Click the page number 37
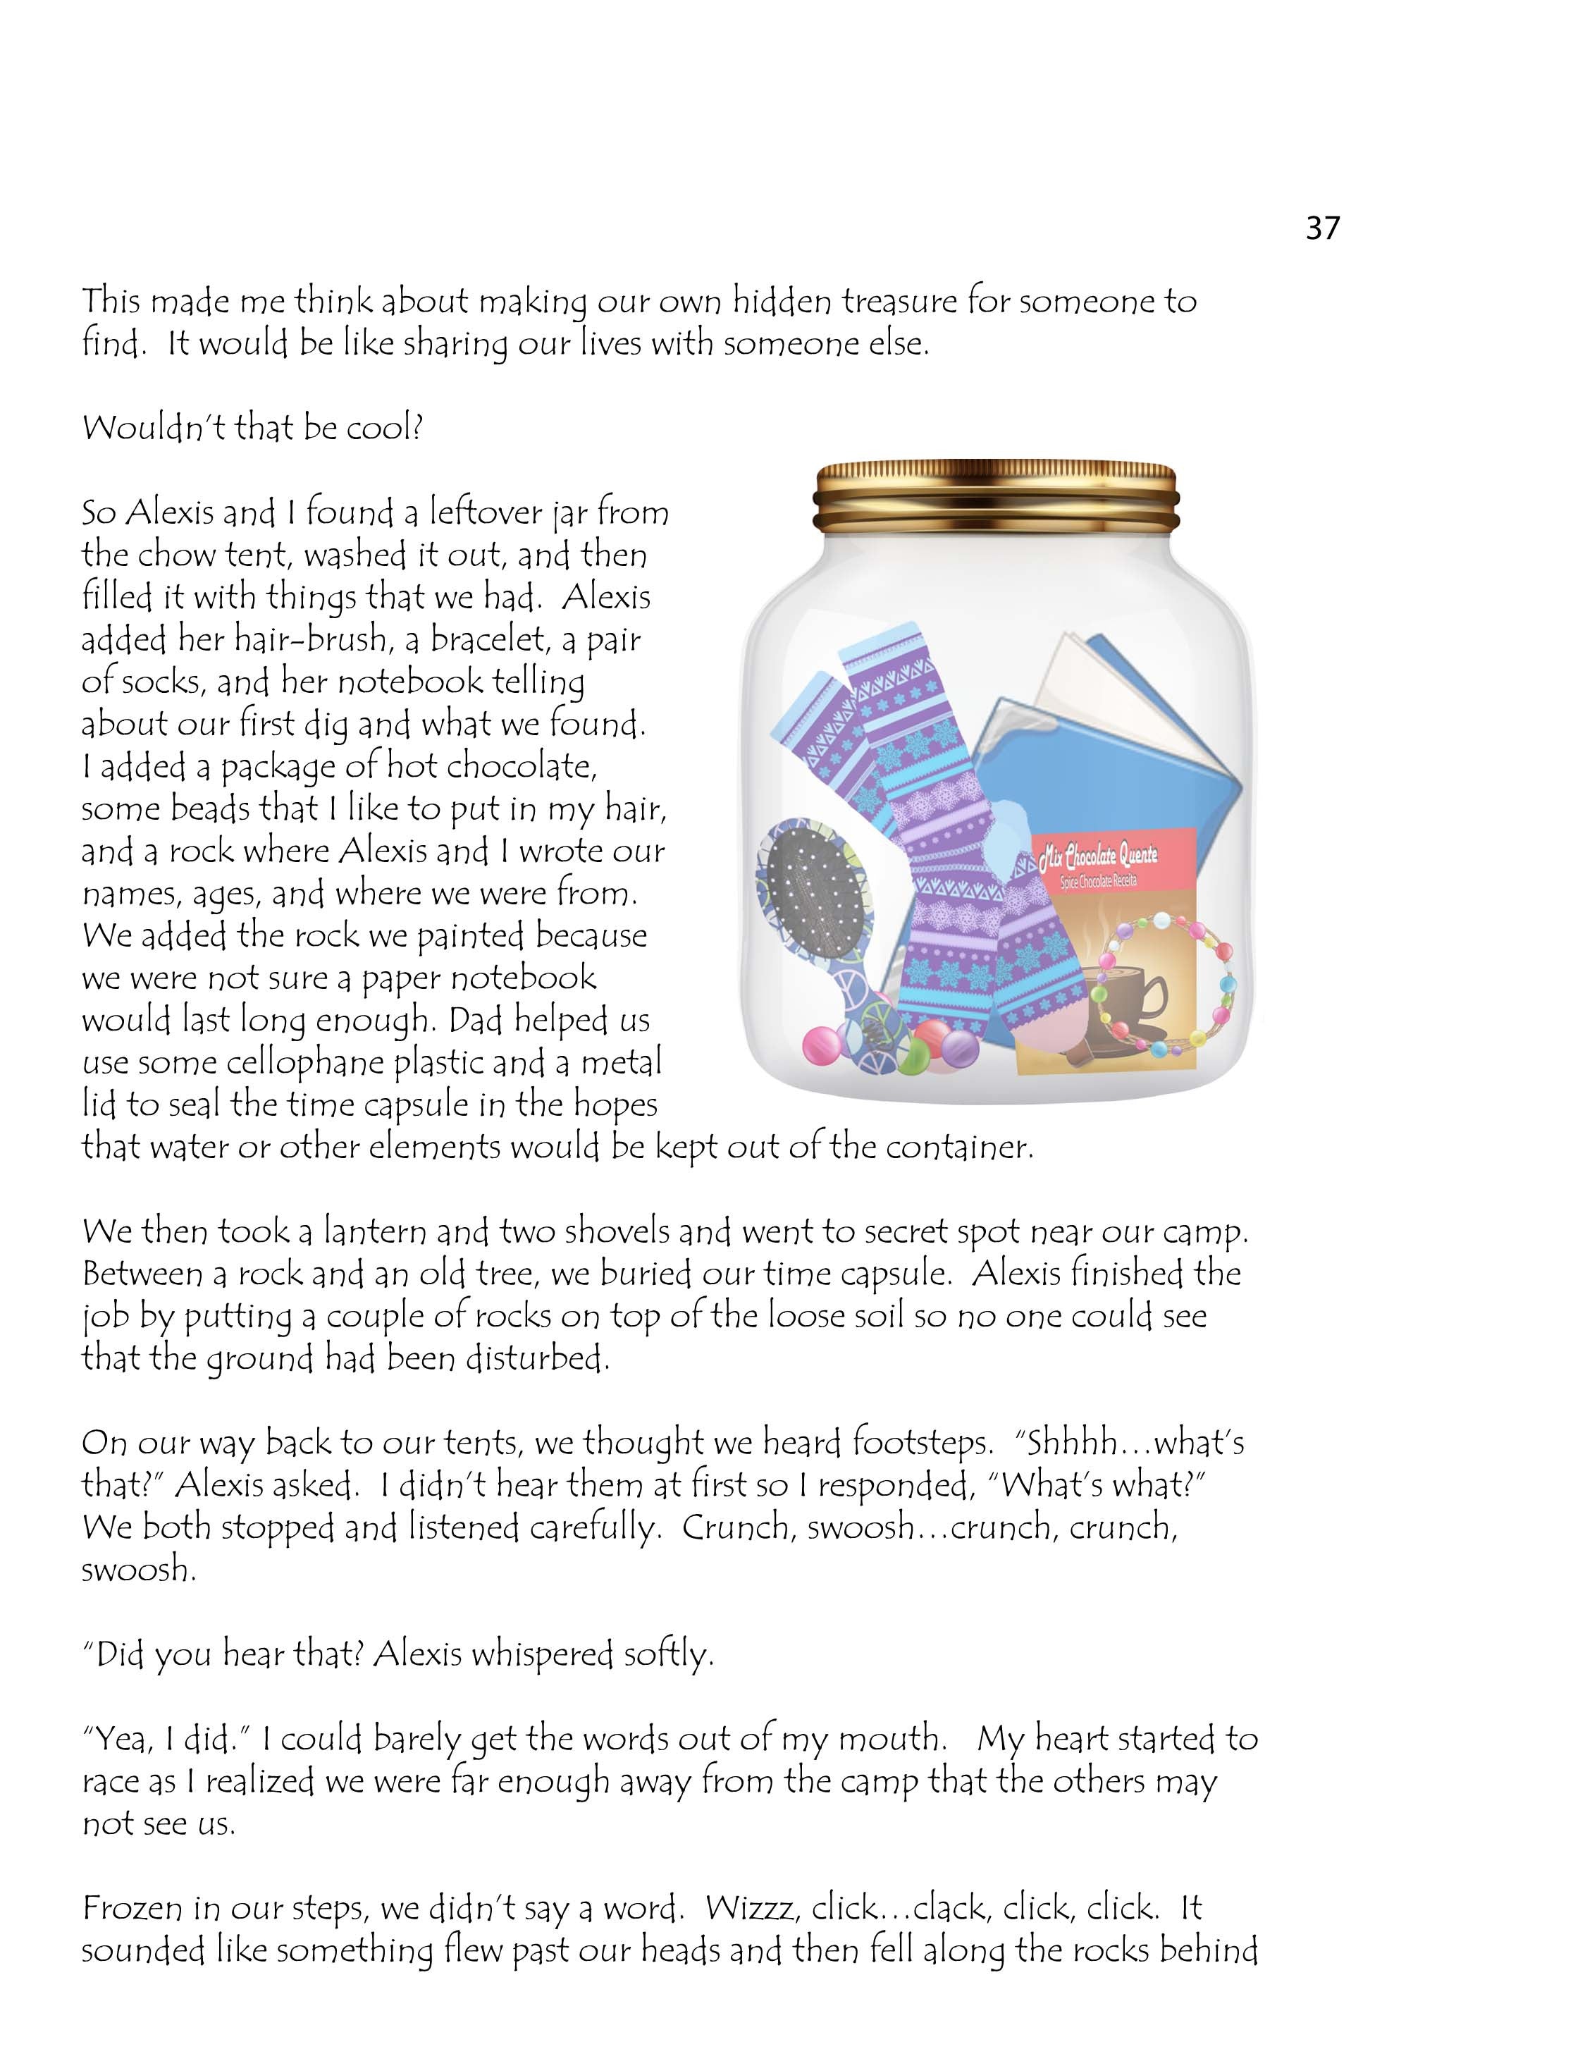coord(1322,228)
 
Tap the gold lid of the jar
coord(995,496)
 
